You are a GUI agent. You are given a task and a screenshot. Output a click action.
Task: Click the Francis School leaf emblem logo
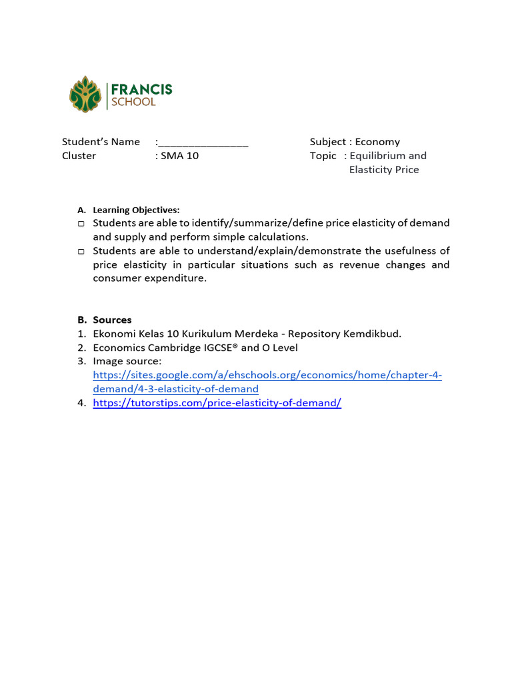coord(85,94)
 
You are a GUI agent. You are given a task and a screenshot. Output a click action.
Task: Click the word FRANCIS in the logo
coord(141,89)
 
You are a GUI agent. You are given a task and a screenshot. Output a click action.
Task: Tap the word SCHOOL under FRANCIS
coord(133,103)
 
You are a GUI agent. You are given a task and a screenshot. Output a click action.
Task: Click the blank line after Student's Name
coord(203,142)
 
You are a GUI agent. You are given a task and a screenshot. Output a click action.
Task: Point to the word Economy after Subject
coord(377,142)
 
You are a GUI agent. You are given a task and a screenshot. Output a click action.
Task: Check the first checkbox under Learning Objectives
coord(81,224)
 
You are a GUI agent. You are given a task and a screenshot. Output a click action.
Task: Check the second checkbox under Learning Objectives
coord(81,252)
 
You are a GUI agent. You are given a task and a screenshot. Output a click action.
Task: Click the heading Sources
coord(112,320)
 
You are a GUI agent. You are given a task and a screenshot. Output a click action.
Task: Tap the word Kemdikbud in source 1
coord(369,334)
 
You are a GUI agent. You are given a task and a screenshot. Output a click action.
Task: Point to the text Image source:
coord(127,362)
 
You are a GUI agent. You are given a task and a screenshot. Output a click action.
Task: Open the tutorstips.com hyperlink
coord(217,404)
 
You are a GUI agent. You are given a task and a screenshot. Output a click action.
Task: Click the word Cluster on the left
coord(79,156)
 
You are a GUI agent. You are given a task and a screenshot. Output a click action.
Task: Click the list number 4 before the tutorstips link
coord(81,404)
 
